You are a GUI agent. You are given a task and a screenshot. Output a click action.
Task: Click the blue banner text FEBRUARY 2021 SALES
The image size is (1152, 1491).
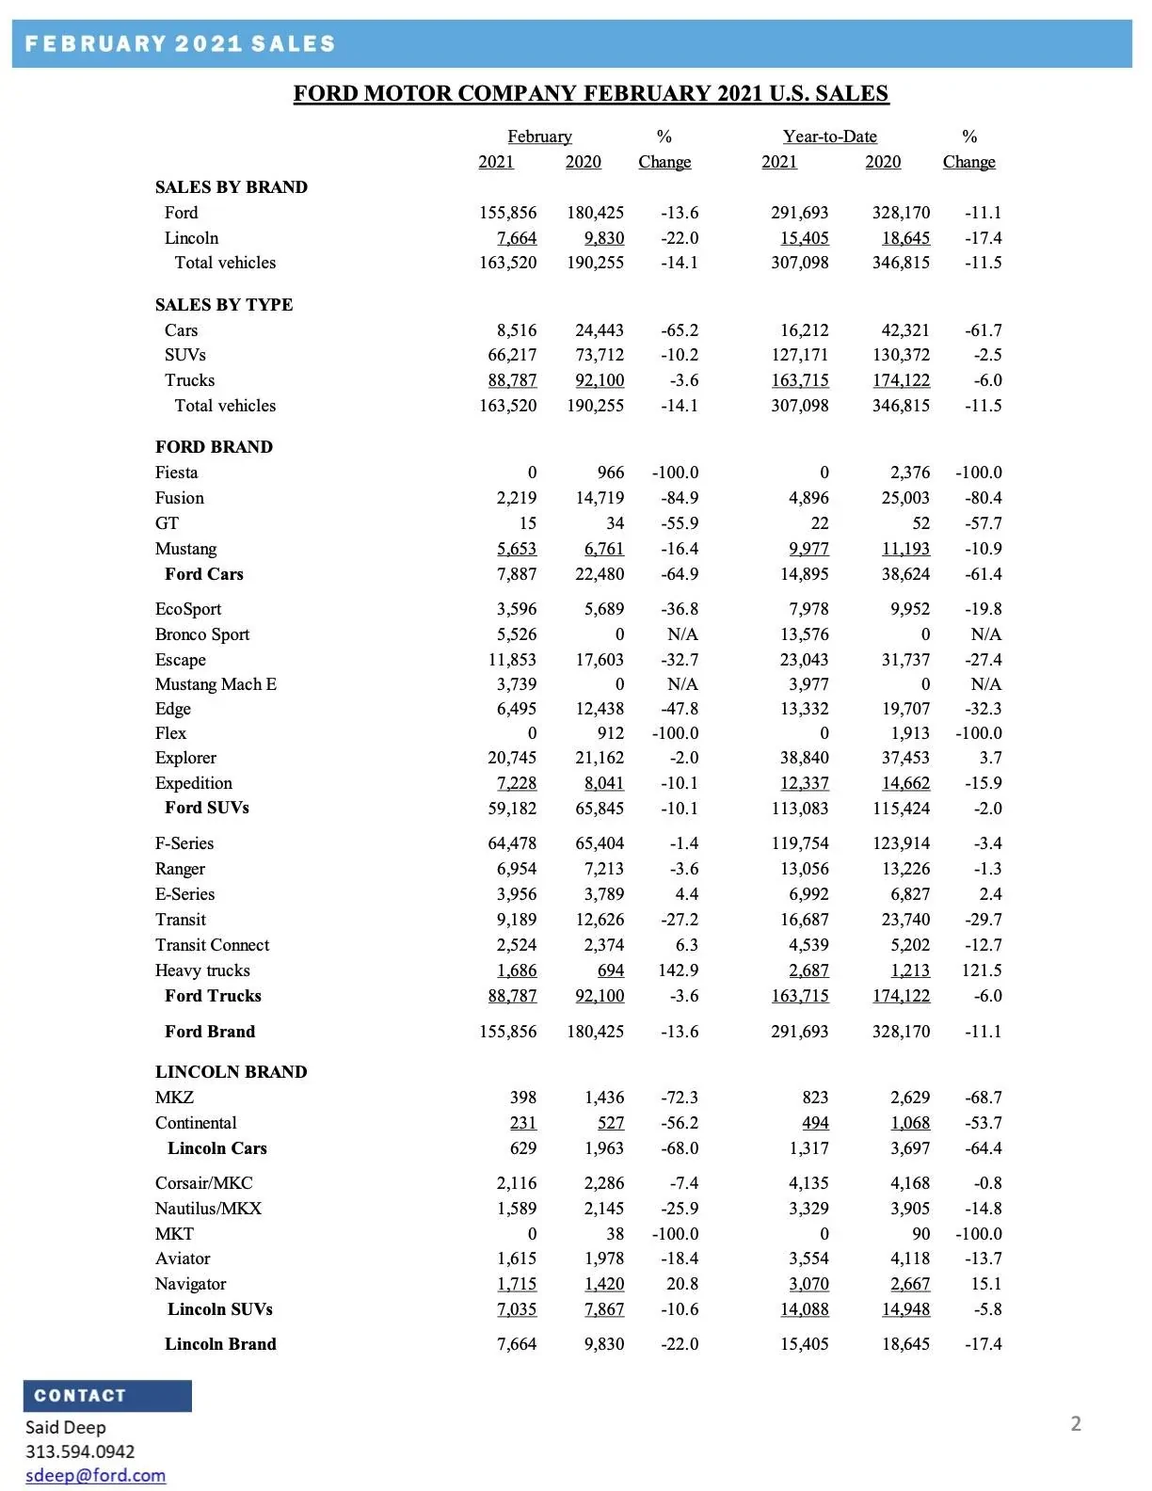point(180,44)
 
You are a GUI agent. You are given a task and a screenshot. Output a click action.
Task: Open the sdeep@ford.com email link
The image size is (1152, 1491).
point(95,1475)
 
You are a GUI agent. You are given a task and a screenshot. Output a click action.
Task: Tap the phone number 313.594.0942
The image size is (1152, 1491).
point(80,1451)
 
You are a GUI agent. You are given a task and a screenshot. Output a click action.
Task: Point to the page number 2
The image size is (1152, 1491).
point(1076,1423)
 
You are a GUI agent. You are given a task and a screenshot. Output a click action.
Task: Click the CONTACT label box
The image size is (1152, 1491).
point(107,1396)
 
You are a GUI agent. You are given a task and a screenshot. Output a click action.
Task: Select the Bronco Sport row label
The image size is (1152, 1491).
point(202,634)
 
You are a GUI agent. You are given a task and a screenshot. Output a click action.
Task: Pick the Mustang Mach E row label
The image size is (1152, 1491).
point(216,684)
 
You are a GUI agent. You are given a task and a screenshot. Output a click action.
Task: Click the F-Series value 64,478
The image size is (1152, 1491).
point(512,843)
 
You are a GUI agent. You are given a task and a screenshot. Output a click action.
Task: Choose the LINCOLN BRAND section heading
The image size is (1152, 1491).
point(231,1072)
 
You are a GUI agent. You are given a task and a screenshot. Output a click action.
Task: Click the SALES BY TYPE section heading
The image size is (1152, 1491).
point(224,305)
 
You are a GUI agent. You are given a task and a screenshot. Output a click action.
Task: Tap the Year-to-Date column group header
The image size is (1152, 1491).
point(829,136)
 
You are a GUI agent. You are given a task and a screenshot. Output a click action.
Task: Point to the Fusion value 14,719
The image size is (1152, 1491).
point(600,498)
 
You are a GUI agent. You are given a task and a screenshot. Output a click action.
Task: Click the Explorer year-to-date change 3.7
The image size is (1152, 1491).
point(990,758)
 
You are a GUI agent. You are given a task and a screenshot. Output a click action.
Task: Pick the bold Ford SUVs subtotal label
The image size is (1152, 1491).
point(207,808)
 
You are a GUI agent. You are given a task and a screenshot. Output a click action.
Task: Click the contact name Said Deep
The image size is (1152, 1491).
point(66,1427)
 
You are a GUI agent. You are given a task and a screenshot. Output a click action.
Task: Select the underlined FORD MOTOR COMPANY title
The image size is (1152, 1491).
point(590,93)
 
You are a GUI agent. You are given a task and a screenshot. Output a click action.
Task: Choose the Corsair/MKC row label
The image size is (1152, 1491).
point(204,1183)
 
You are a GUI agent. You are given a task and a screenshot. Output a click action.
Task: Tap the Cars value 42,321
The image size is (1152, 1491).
point(904,330)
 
